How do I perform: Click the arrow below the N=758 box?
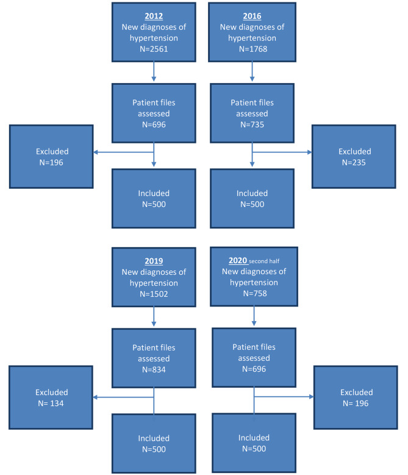tap(254, 317)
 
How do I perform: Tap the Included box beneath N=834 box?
tap(153, 443)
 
